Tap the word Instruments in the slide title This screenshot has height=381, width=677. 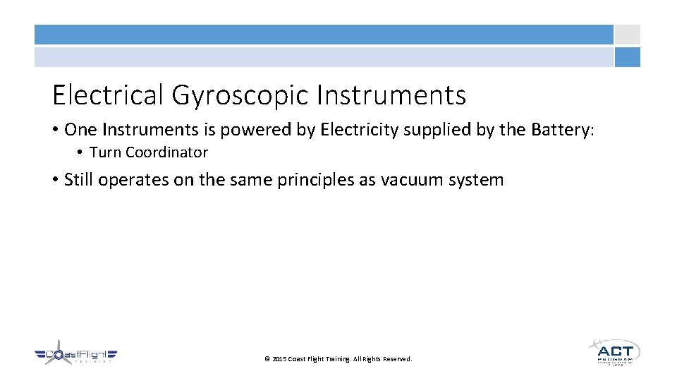391,95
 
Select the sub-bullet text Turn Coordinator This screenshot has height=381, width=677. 149,152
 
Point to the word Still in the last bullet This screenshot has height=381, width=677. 79,180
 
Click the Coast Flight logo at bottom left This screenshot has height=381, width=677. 76,355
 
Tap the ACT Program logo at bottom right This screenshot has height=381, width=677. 614,351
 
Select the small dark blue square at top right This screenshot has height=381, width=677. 627,57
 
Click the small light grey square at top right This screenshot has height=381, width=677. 627,35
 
